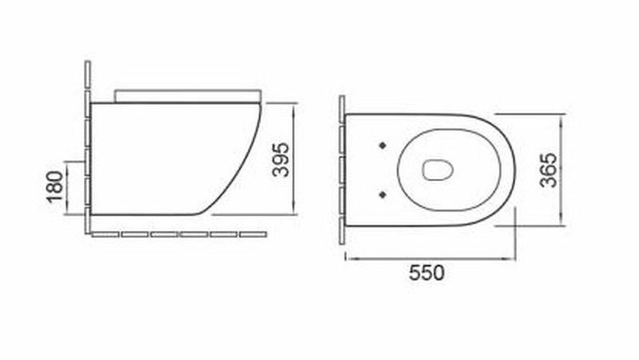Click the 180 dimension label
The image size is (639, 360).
click(55, 187)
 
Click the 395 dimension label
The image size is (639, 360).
click(281, 160)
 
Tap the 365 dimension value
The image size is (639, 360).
click(548, 170)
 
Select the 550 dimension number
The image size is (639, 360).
click(427, 272)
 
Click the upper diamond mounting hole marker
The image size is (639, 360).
click(383, 145)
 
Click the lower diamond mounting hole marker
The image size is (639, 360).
click(383, 195)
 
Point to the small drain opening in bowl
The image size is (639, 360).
click(438, 169)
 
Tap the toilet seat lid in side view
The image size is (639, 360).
click(188, 96)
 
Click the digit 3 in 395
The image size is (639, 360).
click(281, 172)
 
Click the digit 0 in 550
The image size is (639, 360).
click(439, 272)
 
